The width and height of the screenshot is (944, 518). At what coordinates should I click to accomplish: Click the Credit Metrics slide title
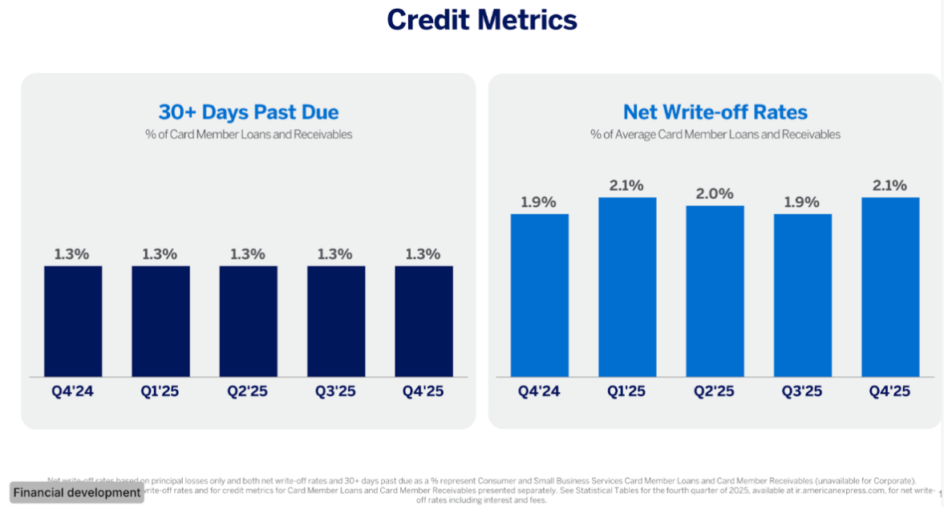pyautogui.click(x=481, y=19)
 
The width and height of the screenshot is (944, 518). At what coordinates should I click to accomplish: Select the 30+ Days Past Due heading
pyautogui.click(x=249, y=112)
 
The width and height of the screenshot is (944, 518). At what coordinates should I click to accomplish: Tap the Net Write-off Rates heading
pyautogui.click(x=715, y=112)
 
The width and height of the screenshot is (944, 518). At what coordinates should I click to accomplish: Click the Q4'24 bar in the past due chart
pyautogui.click(x=73, y=321)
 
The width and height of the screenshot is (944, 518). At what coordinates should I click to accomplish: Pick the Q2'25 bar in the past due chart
pyautogui.click(x=249, y=321)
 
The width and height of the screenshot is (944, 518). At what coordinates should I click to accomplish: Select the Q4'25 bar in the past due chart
pyautogui.click(x=423, y=321)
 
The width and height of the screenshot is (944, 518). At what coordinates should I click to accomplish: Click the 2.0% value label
pyautogui.click(x=715, y=194)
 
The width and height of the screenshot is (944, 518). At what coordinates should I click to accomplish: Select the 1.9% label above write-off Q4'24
pyautogui.click(x=538, y=202)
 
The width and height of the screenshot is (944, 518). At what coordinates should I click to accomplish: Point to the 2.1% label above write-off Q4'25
pyautogui.click(x=890, y=186)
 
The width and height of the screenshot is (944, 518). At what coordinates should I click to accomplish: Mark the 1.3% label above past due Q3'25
pyautogui.click(x=335, y=254)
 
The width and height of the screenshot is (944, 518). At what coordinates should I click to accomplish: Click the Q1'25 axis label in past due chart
pyautogui.click(x=160, y=392)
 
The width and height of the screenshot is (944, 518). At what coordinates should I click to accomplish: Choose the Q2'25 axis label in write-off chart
pyautogui.click(x=715, y=392)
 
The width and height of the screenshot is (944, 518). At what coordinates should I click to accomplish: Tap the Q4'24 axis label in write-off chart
pyautogui.click(x=538, y=392)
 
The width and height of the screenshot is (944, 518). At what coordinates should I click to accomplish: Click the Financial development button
pyautogui.click(x=77, y=492)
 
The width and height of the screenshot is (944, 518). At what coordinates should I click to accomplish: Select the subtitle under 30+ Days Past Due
pyautogui.click(x=249, y=135)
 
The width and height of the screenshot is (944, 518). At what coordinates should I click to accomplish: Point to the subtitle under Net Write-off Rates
pyautogui.click(x=715, y=135)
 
